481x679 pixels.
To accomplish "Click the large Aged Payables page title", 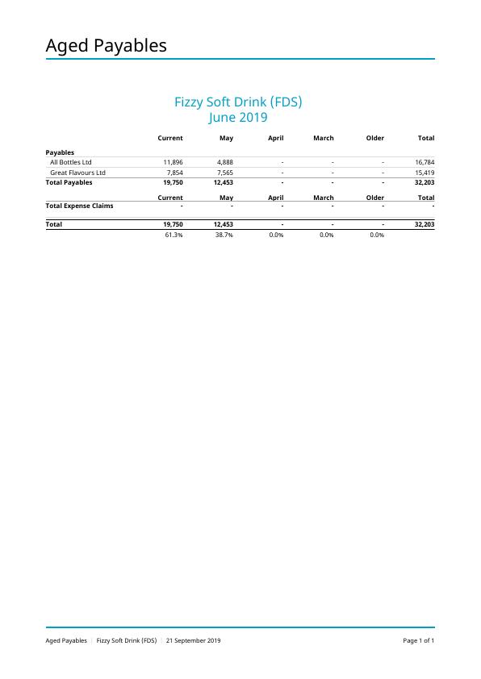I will (x=106, y=46).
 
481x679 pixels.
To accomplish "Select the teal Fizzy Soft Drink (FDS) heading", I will (x=238, y=102).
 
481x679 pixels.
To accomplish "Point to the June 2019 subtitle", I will (x=238, y=118).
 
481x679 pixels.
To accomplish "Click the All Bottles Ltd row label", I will (x=71, y=162).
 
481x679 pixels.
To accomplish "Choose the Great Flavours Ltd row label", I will (x=77, y=173).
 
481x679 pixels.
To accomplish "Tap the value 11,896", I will (x=173, y=162).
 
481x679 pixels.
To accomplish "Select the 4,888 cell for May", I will (x=225, y=162).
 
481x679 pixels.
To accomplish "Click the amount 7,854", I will (x=174, y=173).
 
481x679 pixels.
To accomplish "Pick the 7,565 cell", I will (x=225, y=173).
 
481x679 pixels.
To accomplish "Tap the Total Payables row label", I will (x=69, y=182).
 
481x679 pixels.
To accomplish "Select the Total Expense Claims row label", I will (x=79, y=206).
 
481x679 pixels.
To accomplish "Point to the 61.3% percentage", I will (x=174, y=235).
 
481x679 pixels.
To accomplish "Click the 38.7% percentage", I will (x=224, y=235).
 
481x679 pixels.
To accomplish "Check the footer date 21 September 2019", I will (x=193, y=641).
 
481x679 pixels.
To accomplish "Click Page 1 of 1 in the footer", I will (x=419, y=641).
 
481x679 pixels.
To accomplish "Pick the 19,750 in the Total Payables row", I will (x=173, y=182).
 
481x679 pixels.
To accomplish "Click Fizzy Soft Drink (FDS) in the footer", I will (x=127, y=641).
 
